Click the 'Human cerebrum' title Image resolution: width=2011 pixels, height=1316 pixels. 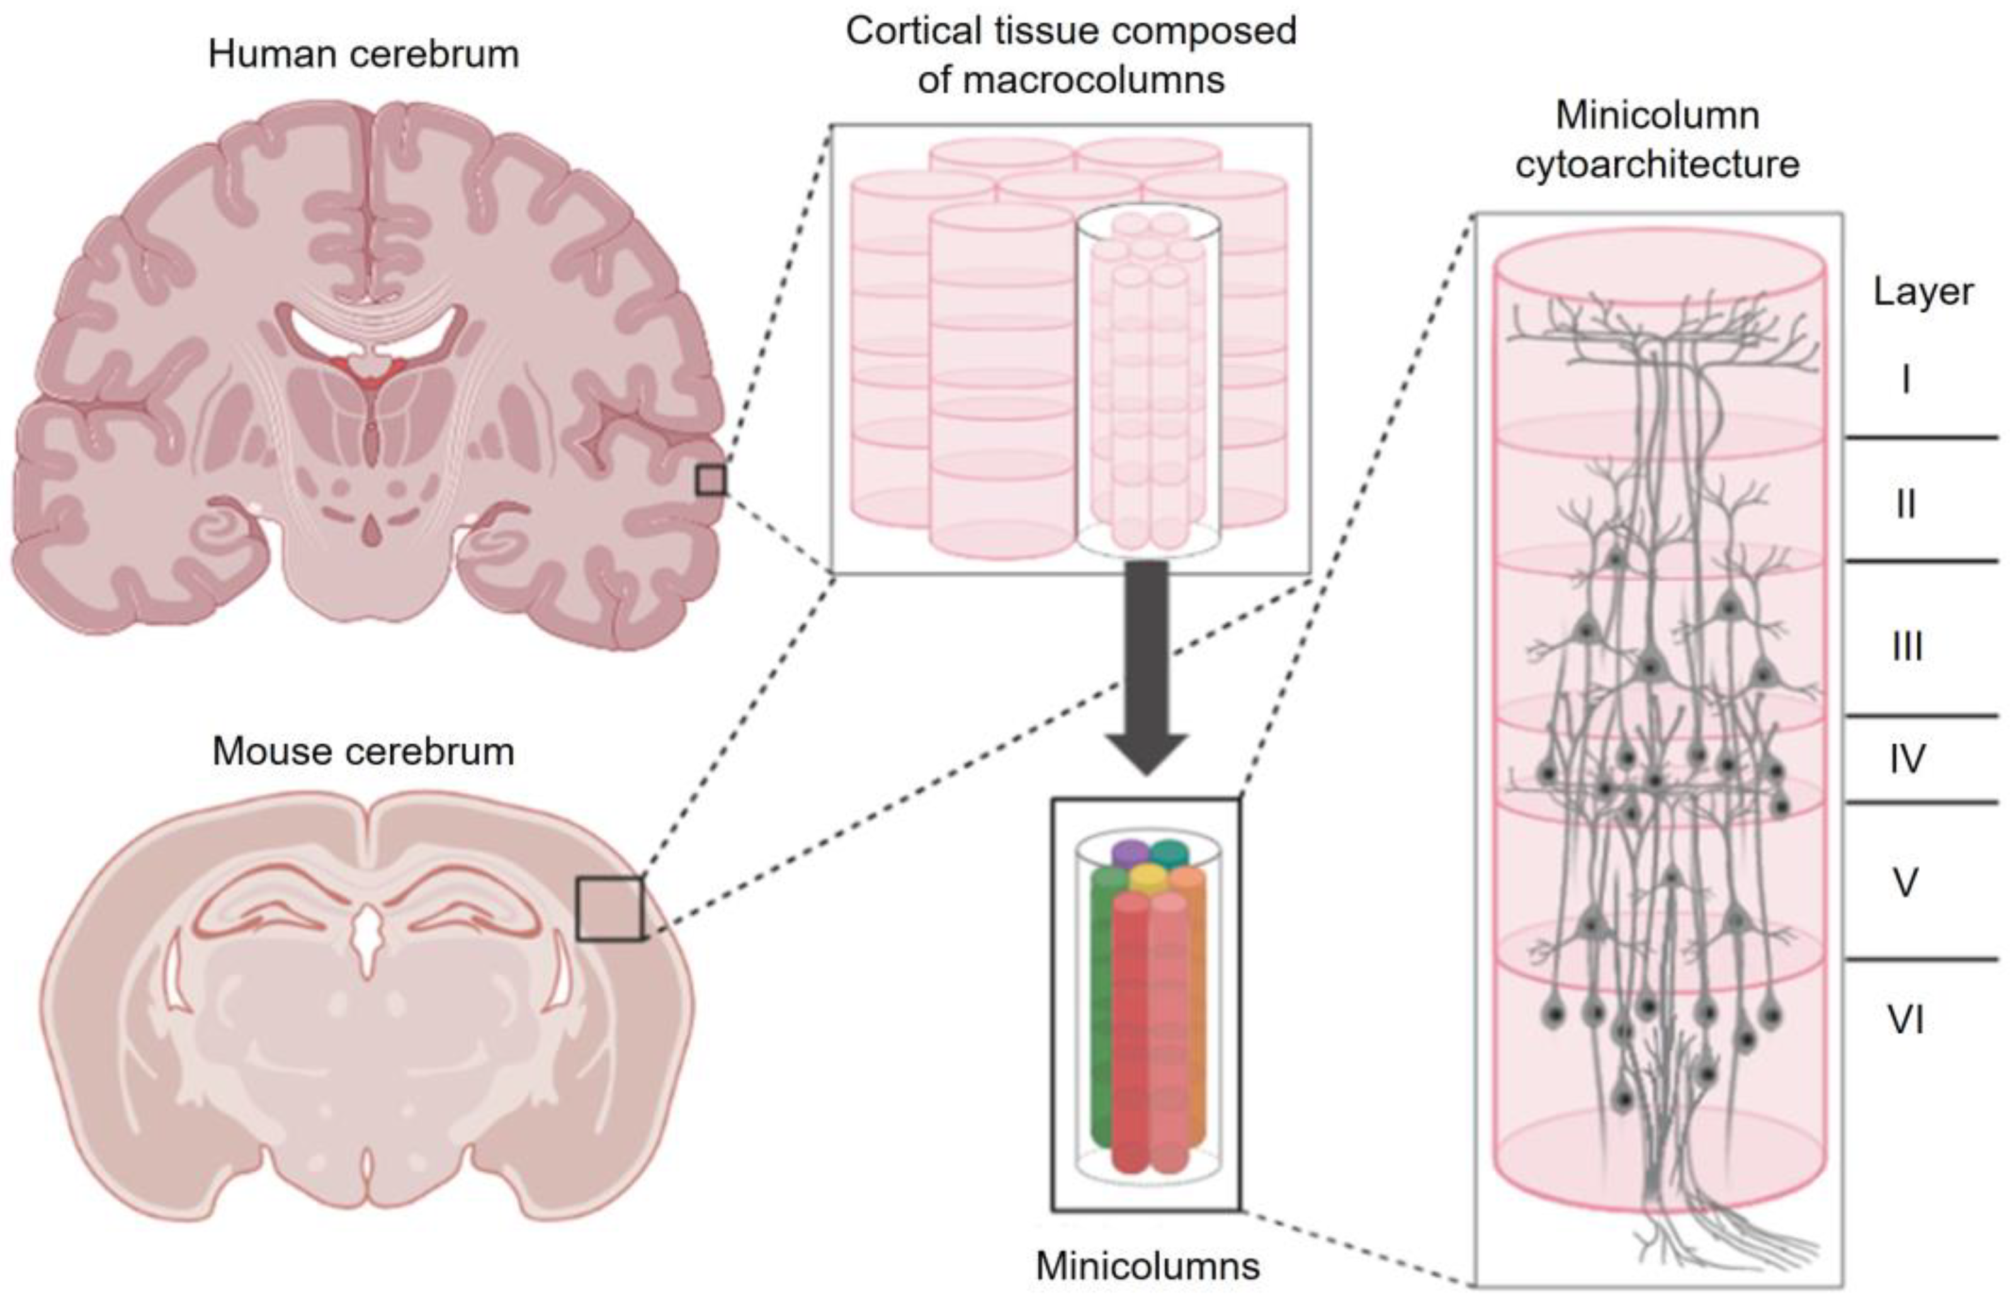click(363, 55)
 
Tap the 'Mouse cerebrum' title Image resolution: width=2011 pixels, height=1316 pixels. click(363, 751)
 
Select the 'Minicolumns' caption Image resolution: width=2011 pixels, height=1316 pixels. click(1147, 1265)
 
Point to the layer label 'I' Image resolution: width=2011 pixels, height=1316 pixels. click(1905, 380)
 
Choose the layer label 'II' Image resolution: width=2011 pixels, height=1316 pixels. click(1905, 504)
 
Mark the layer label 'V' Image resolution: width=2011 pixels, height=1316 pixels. click(1905, 883)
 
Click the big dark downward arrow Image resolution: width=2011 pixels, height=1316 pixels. click(1147, 667)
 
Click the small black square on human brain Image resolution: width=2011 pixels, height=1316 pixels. click(711, 480)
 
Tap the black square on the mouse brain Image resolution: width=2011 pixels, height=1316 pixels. click(609, 909)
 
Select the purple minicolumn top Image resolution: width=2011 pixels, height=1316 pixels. click(1129, 852)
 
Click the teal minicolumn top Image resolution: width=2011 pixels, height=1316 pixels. click(1169, 852)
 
